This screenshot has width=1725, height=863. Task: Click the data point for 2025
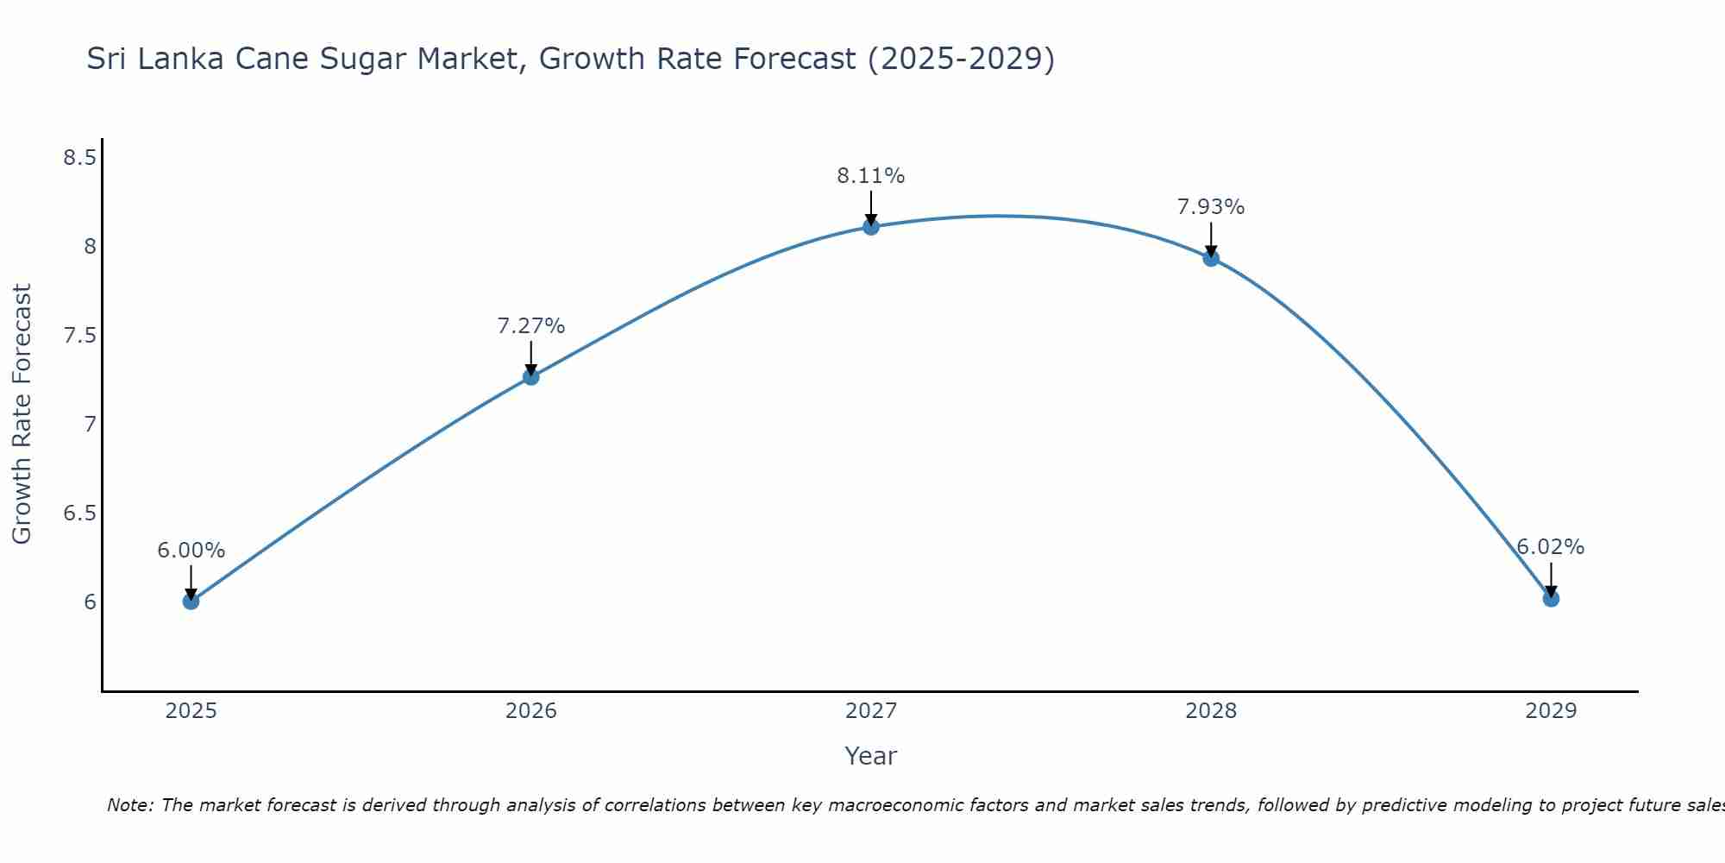[x=191, y=601]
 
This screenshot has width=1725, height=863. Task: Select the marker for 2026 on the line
[x=530, y=376]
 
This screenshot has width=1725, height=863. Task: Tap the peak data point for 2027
[x=871, y=227]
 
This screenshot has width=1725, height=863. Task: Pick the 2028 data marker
[x=1211, y=258]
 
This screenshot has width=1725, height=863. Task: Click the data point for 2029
[x=1551, y=598]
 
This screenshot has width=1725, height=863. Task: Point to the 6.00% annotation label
[x=191, y=551]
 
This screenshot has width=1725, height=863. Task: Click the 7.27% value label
[x=530, y=326]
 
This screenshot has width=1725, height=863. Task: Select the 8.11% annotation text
[x=871, y=176]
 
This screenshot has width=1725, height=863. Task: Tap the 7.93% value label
[x=1211, y=207]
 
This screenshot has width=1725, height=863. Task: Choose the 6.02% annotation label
[x=1551, y=547]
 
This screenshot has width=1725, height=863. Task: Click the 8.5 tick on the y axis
[x=79, y=158]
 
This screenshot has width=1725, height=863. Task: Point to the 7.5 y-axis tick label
[x=79, y=336]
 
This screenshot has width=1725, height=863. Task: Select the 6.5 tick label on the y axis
[x=79, y=513]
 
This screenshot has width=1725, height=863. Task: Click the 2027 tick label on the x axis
[x=871, y=711]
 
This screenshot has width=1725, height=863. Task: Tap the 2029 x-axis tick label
[x=1551, y=711]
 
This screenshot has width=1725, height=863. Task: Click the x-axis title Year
[x=871, y=756]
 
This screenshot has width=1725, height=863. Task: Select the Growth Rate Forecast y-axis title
[x=22, y=413]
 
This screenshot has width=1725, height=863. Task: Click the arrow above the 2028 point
[x=1211, y=237]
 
